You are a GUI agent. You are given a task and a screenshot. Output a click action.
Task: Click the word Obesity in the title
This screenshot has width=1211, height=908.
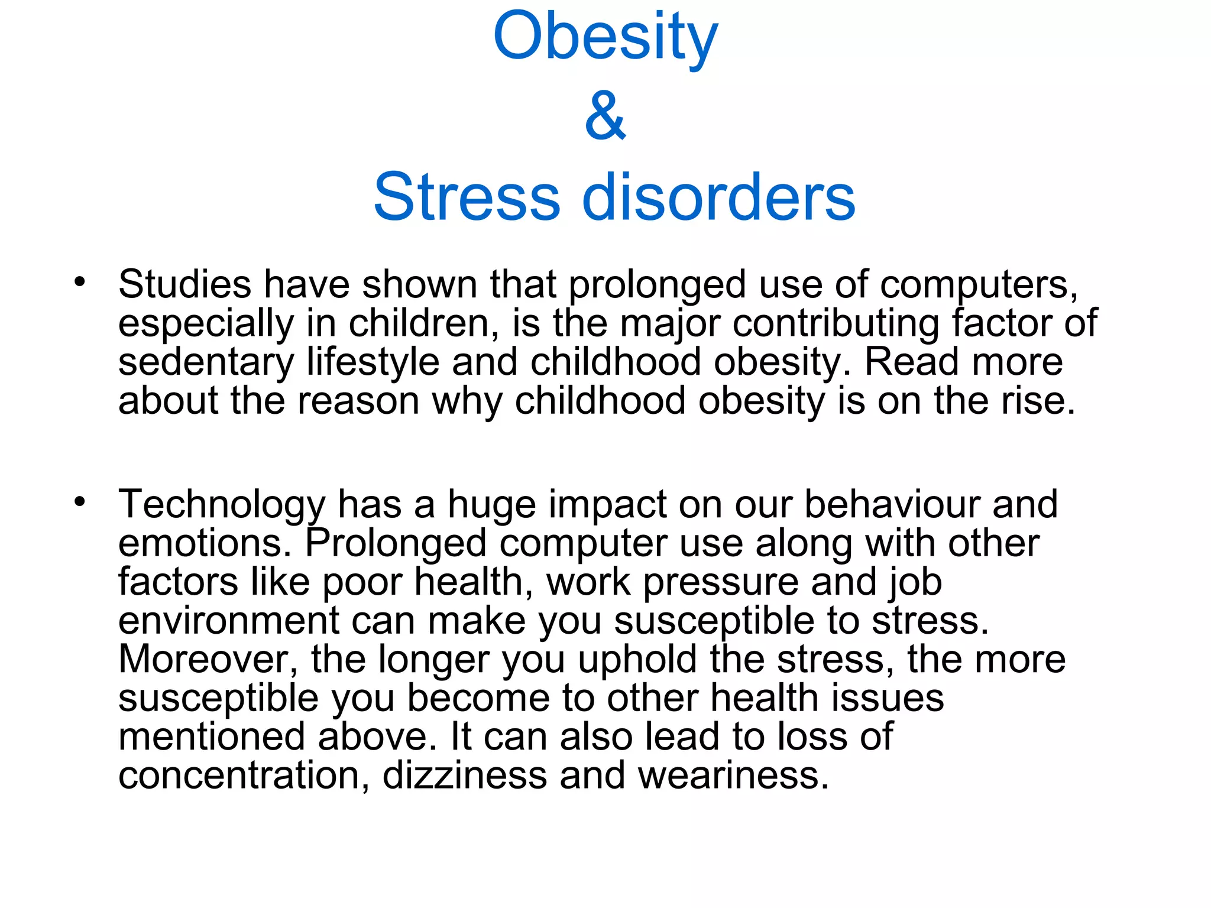tap(605, 38)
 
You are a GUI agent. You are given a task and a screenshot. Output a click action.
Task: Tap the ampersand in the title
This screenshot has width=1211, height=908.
tap(605, 116)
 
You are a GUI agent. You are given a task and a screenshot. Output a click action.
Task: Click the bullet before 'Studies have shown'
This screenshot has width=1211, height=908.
tap(80, 281)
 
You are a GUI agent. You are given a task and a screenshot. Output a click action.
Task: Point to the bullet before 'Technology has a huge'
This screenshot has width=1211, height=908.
tap(80, 502)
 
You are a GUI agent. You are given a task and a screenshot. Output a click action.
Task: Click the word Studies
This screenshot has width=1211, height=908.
tap(184, 284)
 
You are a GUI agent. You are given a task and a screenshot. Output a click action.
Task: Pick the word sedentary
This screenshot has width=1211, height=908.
tap(206, 362)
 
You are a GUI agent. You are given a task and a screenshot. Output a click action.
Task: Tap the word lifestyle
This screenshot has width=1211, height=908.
tap(373, 362)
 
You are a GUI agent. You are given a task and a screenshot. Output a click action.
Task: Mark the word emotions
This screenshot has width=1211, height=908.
tap(205, 544)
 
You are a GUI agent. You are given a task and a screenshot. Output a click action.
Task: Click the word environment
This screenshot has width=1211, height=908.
tap(228, 621)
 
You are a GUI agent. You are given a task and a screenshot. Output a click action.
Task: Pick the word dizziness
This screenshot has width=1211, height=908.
tap(465, 776)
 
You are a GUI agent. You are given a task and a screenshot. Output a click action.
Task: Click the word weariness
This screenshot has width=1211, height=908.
tap(733, 776)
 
